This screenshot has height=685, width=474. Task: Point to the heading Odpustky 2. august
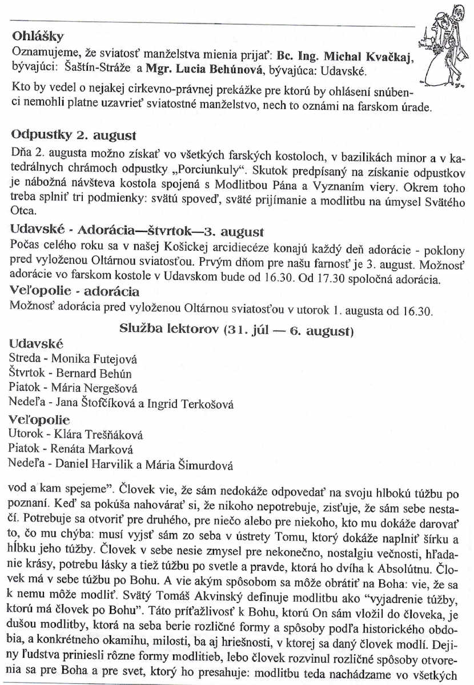(74, 137)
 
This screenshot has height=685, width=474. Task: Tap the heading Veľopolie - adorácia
(75, 291)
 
